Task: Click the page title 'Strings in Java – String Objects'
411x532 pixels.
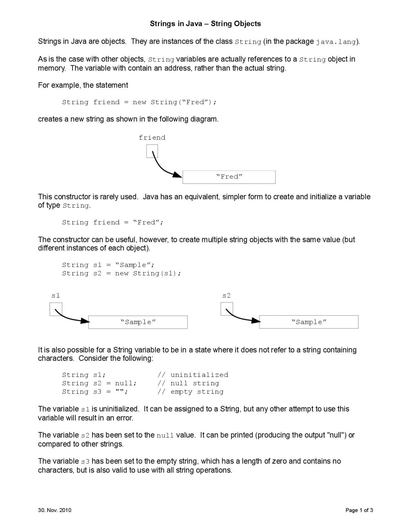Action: pyautogui.click(x=205, y=24)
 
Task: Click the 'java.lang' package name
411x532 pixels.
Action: pyautogui.click(x=336, y=42)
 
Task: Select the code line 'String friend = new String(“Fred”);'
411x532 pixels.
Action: pyautogui.click(x=139, y=102)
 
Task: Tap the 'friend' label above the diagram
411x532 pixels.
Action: pyautogui.click(x=152, y=137)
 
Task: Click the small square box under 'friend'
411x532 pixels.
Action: pyautogui.click(x=152, y=151)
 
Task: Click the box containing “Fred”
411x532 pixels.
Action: pyautogui.click(x=229, y=177)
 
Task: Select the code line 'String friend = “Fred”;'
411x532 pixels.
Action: pyautogui.click(x=113, y=222)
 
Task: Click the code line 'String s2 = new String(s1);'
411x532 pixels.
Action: pyautogui.click(x=122, y=273)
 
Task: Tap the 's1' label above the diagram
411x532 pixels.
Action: pyautogui.click(x=56, y=296)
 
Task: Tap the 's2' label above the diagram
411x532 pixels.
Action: pyautogui.click(x=226, y=296)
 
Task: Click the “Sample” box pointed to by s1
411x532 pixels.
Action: pyautogui.click(x=138, y=322)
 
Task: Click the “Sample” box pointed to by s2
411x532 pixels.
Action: pyautogui.click(x=309, y=322)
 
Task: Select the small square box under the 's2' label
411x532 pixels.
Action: pyautogui.click(x=227, y=309)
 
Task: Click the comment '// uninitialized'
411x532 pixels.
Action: pyautogui.click(x=193, y=375)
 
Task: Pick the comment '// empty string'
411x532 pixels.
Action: pyautogui.click(x=190, y=392)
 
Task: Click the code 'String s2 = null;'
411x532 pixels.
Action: pyautogui.click(x=99, y=383)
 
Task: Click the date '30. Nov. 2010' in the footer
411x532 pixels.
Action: pyautogui.click(x=55, y=510)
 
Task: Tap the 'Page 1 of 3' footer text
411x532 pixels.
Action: pyautogui.click(x=359, y=510)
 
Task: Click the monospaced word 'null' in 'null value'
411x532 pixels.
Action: pyautogui.click(x=165, y=436)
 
